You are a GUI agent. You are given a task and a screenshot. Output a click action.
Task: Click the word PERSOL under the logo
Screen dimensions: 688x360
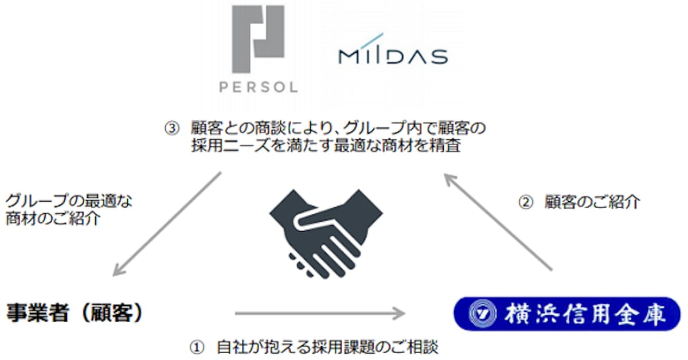pos(259,87)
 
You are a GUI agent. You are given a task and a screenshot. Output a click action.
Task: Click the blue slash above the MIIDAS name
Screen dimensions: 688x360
pos(372,41)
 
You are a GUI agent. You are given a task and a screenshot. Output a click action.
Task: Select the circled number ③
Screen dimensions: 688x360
pos(171,128)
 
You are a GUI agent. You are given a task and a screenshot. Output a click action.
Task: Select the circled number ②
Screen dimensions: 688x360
pos(526,202)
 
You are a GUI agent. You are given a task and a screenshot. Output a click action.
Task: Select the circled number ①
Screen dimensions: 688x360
pos(197,347)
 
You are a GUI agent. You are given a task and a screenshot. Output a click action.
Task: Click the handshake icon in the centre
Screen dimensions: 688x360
pos(326,234)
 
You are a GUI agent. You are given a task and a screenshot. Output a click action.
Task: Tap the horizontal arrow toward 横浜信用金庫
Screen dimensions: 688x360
pos(320,314)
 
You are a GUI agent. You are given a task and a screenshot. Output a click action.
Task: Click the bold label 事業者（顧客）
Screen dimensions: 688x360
pos(75,313)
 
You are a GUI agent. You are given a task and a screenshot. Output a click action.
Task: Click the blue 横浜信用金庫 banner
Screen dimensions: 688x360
pos(567,314)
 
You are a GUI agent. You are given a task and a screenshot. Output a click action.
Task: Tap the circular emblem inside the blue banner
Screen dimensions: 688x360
pos(483,314)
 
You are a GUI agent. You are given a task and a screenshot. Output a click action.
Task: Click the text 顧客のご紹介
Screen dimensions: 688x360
pos(592,202)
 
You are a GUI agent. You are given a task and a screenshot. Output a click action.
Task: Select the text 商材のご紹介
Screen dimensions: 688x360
pos(53,219)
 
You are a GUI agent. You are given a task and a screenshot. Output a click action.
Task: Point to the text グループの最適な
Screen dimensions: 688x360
pos(69,201)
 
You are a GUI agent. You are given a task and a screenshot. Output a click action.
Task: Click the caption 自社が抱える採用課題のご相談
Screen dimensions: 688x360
pos(327,347)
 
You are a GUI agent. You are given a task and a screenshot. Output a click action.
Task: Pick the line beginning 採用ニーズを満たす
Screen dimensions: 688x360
pos(326,145)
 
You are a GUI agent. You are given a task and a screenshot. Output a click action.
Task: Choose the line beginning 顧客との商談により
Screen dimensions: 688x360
pos(338,128)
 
